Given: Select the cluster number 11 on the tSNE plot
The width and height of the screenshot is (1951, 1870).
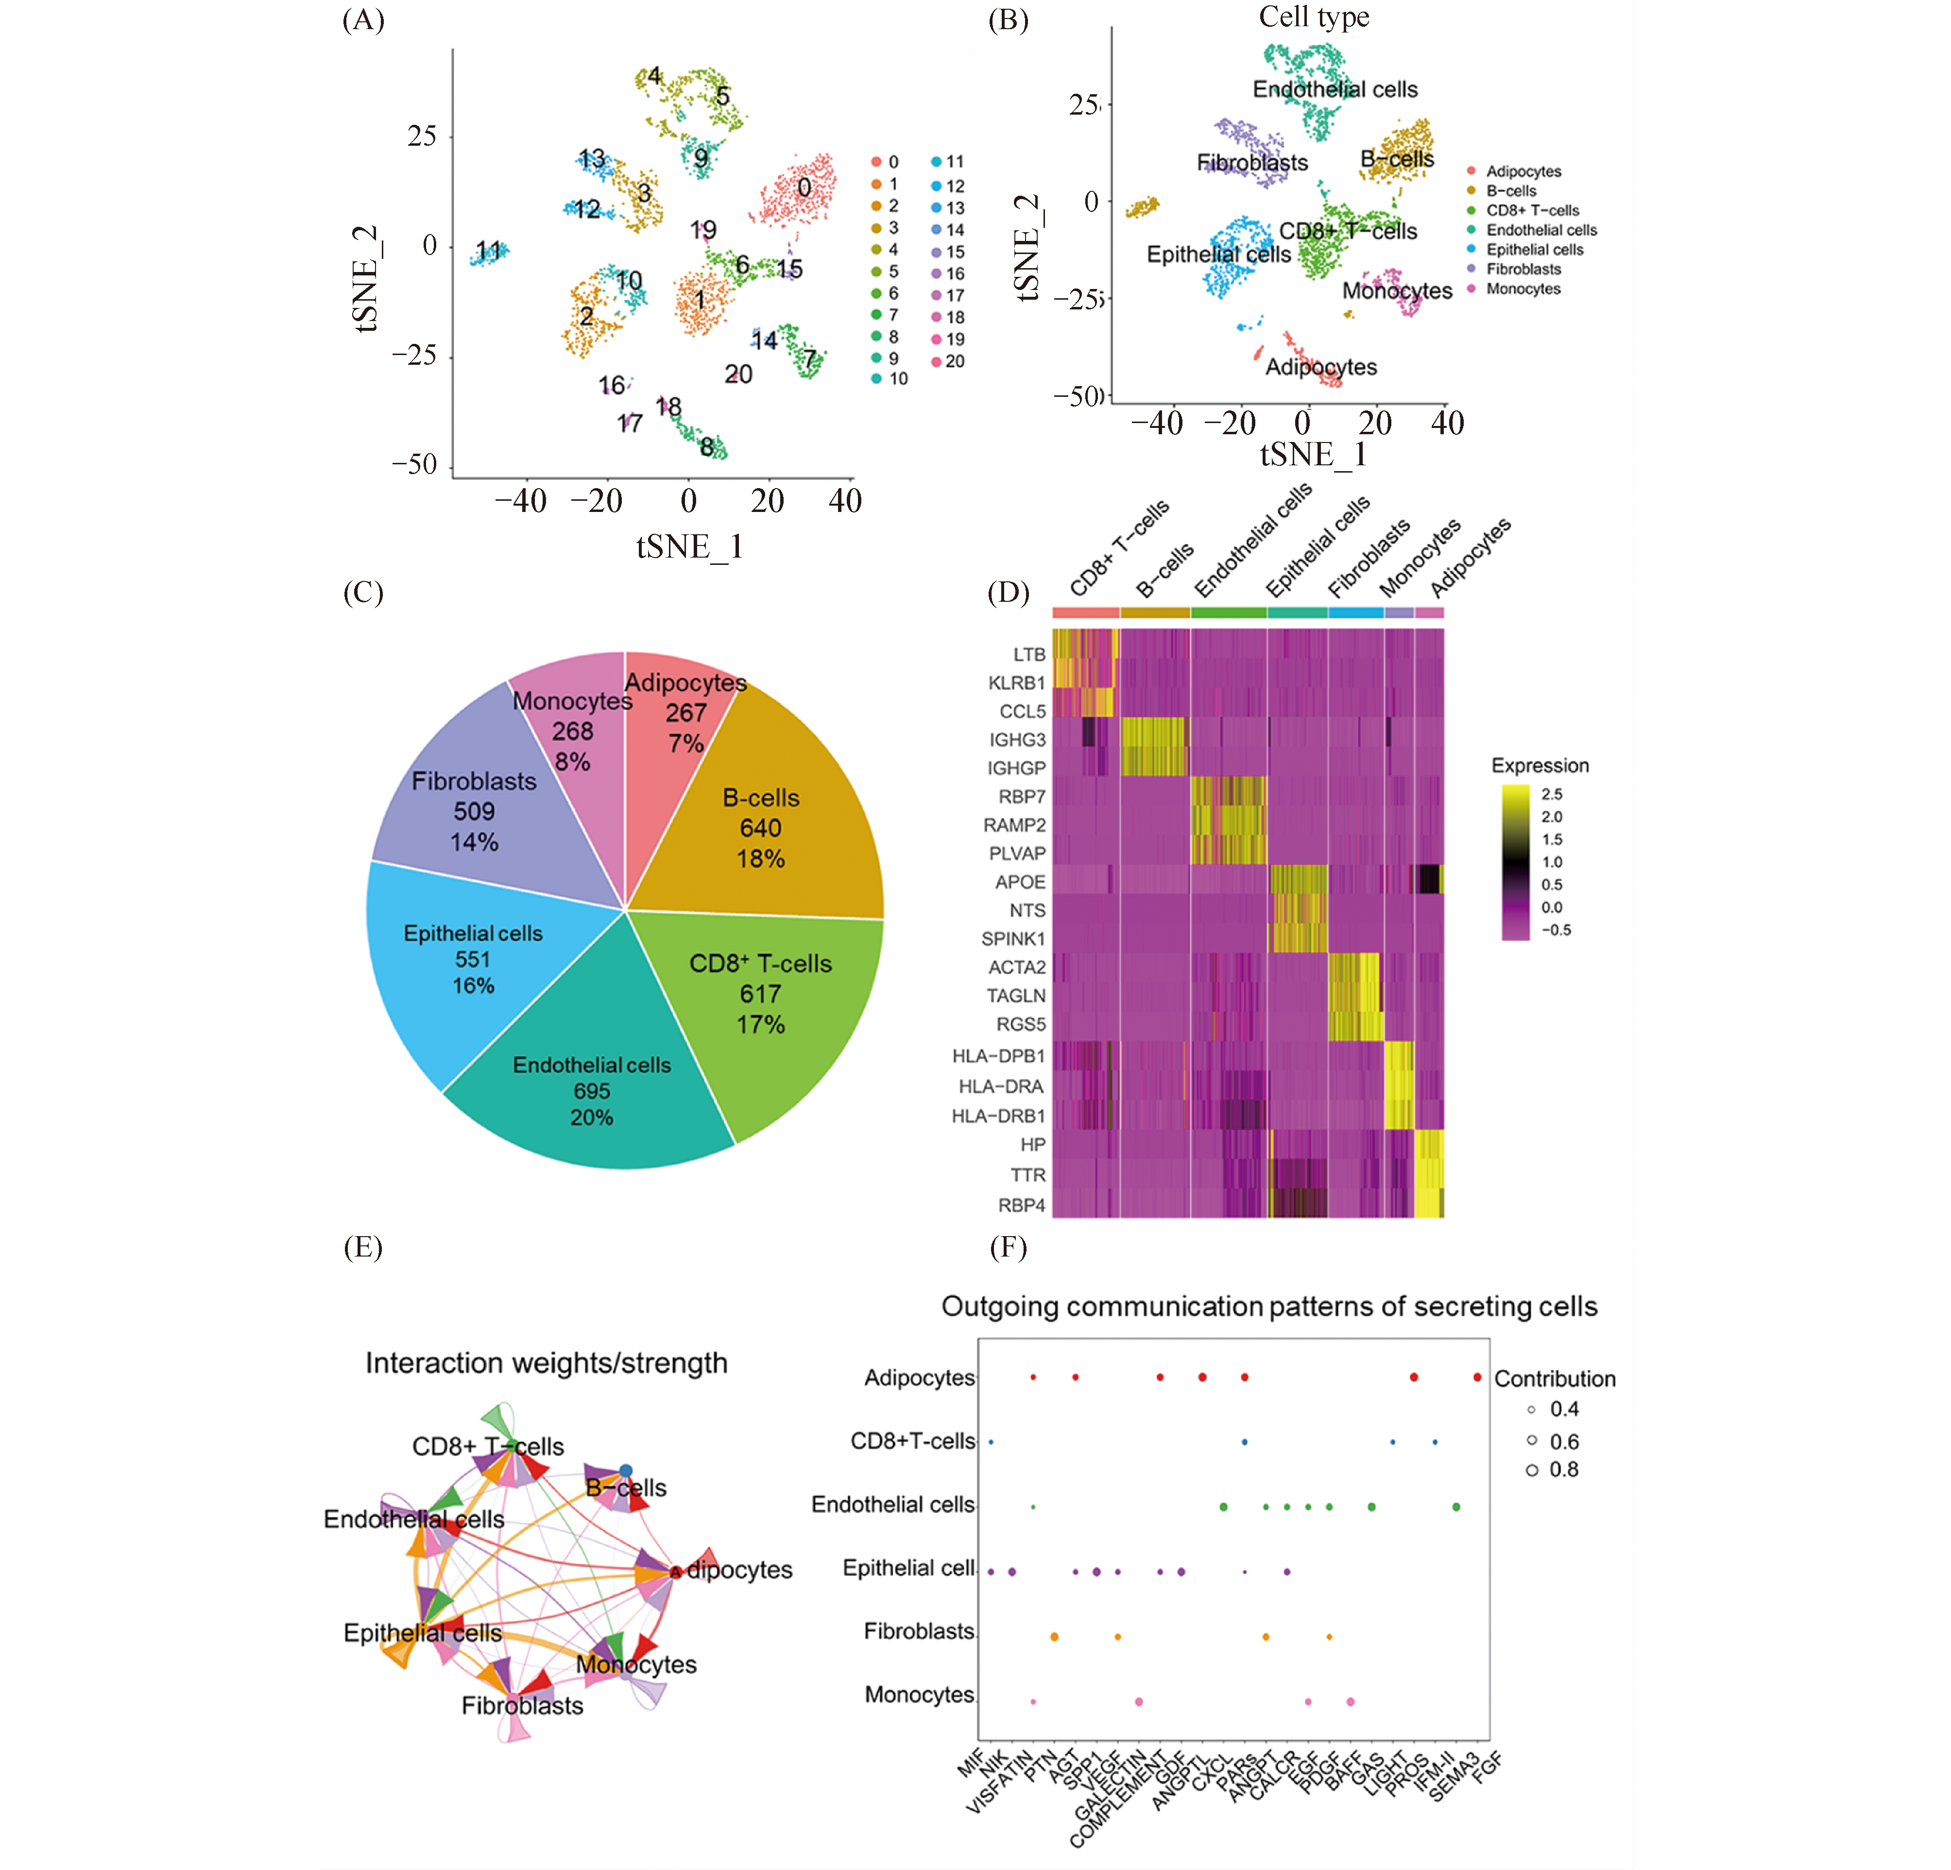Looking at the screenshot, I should [488, 251].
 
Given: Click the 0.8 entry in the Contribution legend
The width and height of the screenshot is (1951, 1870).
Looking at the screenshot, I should [1563, 1469].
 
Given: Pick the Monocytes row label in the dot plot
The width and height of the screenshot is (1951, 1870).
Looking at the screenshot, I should [919, 1694].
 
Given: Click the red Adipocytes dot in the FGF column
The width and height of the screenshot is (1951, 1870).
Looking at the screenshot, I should [1477, 1377].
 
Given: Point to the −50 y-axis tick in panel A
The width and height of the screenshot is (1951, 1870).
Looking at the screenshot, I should [414, 465].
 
